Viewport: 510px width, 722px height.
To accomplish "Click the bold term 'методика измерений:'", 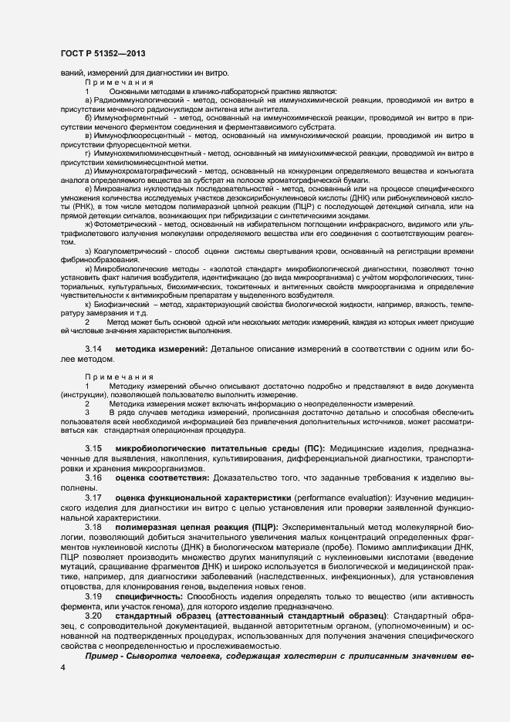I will (x=161, y=350).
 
